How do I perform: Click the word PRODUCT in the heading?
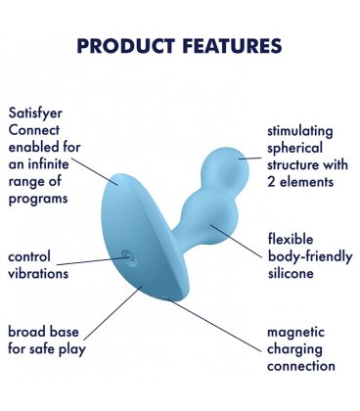(x=124, y=46)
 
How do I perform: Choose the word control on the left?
(x=29, y=256)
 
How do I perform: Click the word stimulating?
(x=299, y=131)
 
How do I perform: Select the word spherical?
(x=293, y=149)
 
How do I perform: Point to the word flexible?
(x=292, y=238)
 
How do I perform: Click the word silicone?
(x=290, y=273)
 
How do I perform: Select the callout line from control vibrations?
(x=98, y=261)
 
